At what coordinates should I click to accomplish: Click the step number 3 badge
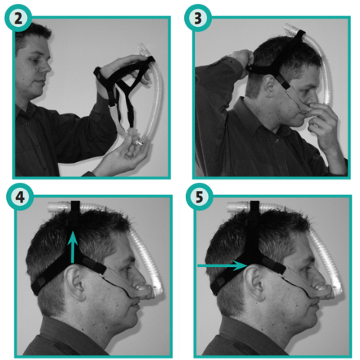[198, 17]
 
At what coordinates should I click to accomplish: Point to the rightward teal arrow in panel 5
[223, 266]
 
